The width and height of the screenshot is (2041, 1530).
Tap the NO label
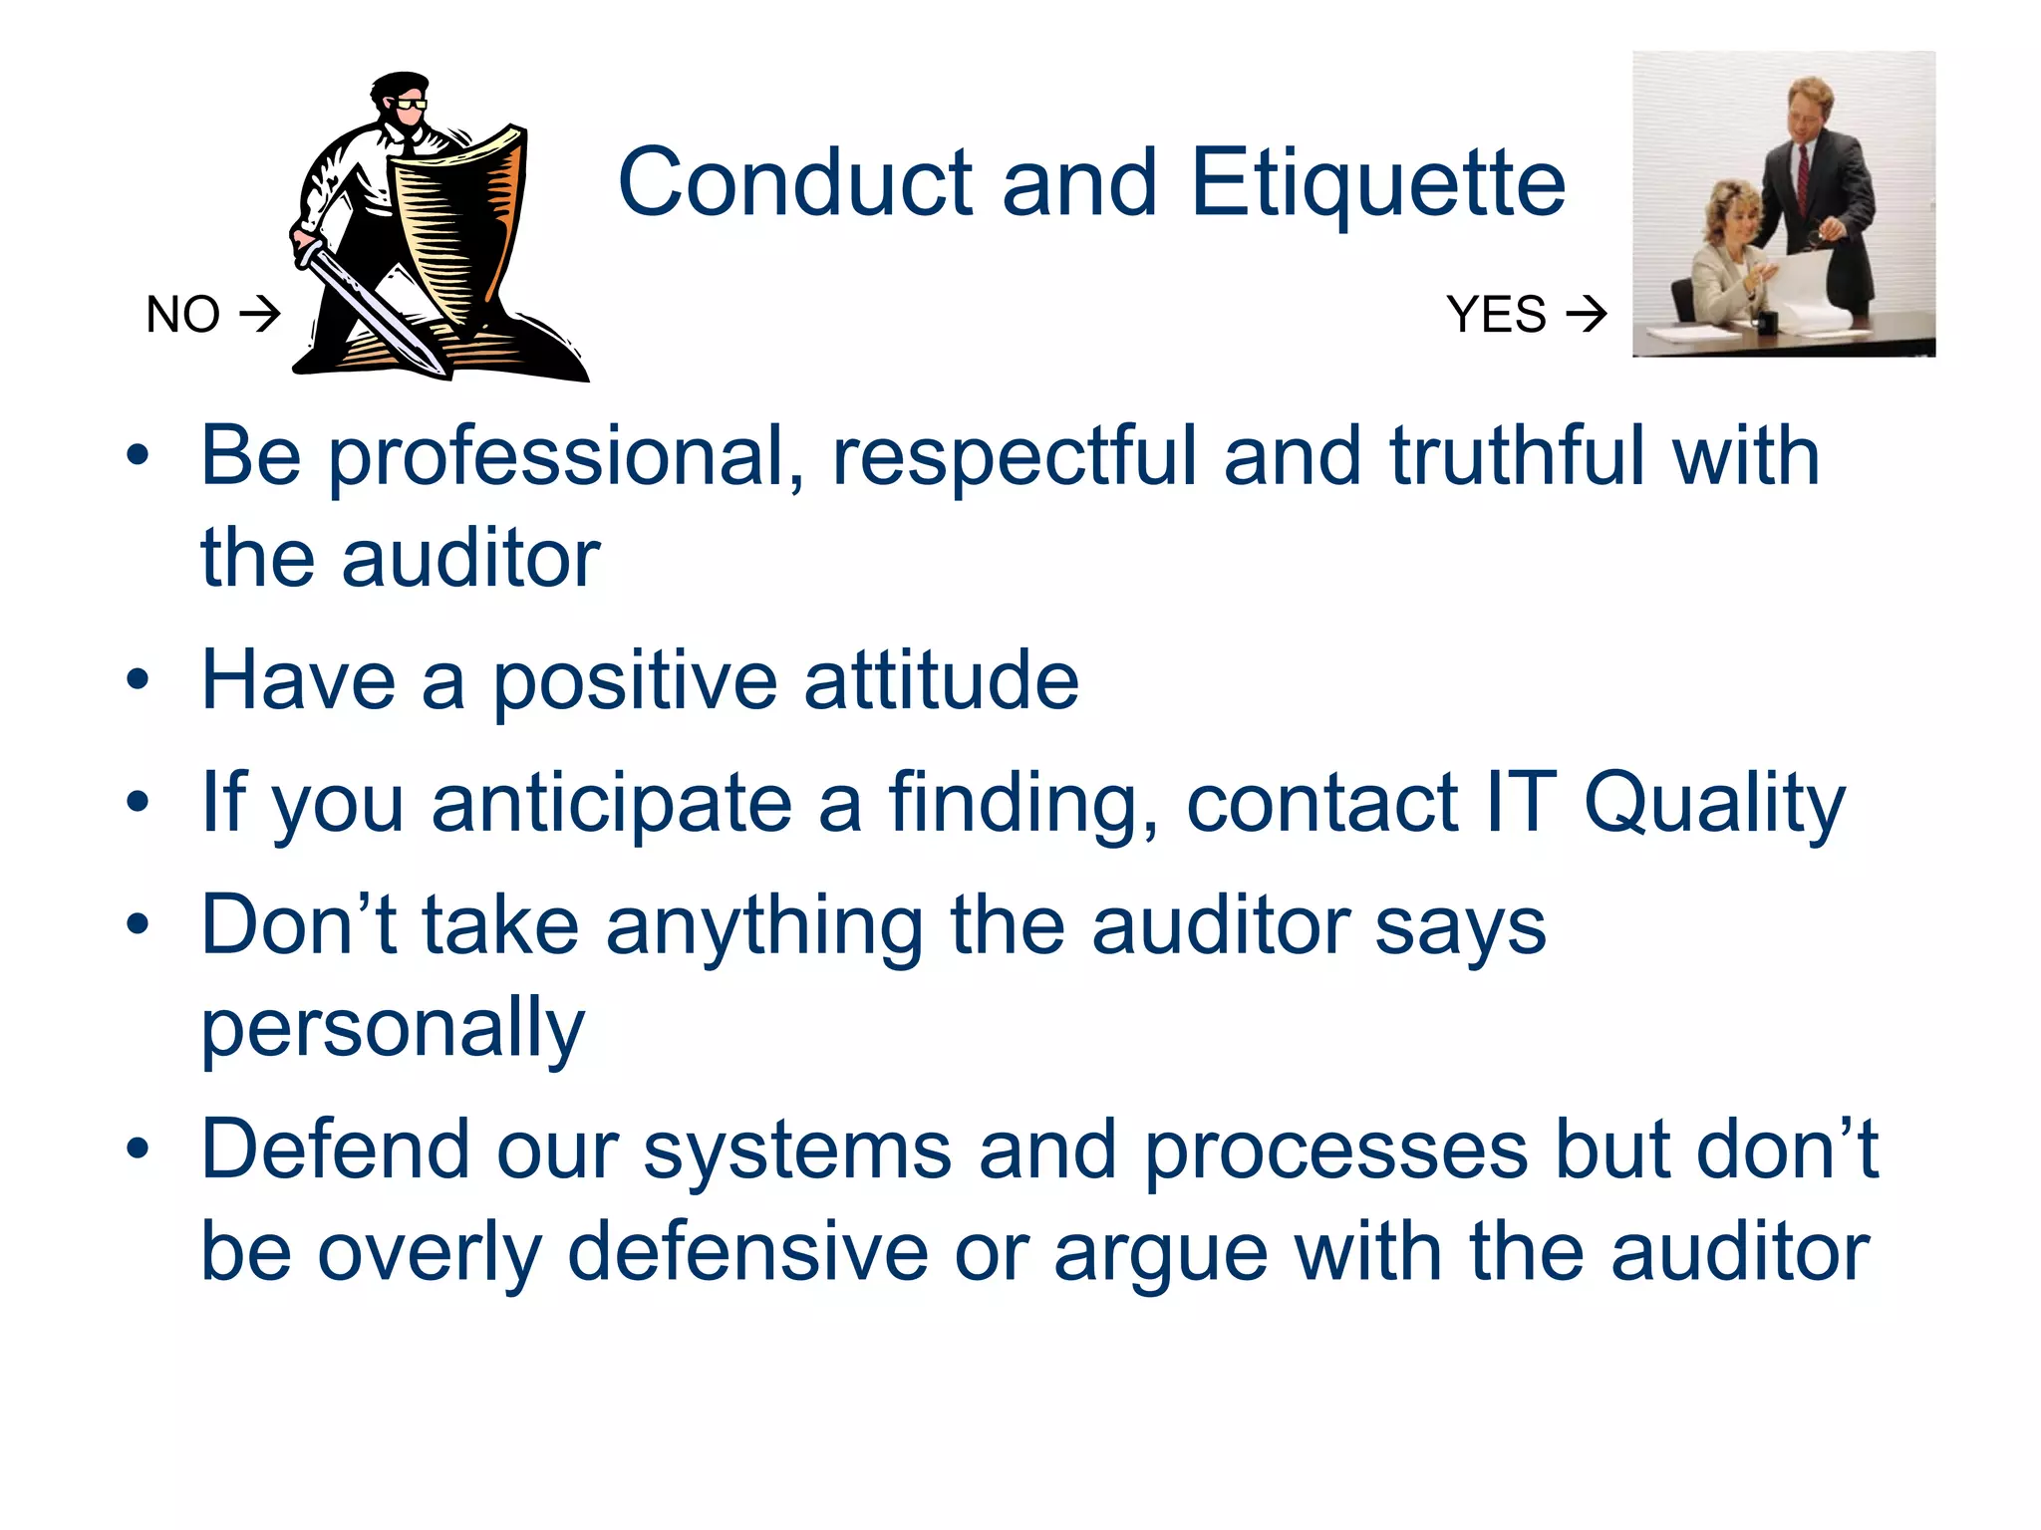click(182, 315)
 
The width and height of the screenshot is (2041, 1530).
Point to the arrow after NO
click(260, 315)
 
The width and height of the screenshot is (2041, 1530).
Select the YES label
click(1496, 315)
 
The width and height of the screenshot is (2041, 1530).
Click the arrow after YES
click(1586, 315)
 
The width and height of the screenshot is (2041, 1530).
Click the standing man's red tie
click(1803, 179)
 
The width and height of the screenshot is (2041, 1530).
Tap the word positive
click(635, 683)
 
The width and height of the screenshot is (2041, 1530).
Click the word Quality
click(1714, 805)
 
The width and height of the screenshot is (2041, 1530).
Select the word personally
click(393, 1030)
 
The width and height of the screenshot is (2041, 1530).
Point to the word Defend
click(335, 1150)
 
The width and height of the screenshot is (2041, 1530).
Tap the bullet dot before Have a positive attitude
click(138, 681)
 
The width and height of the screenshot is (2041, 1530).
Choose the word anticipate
click(611, 805)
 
